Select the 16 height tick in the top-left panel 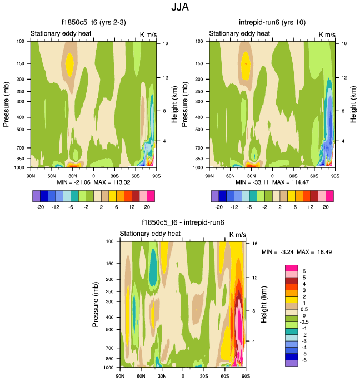tap(165, 43)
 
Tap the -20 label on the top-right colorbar tap(220, 206)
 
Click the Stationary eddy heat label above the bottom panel tap(151, 234)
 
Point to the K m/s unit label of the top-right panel tap(327, 34)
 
